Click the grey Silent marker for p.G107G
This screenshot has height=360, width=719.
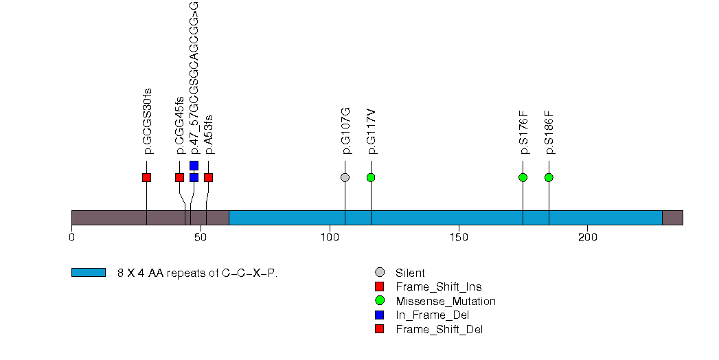click(345, 177)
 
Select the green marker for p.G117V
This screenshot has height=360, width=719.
click(371, 177)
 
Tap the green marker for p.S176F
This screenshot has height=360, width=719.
click(523, 177)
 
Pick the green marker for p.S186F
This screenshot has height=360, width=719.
click(549, 177)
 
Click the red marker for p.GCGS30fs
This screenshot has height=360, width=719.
click(146, 177)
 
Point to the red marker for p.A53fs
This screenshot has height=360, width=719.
click(208, 177)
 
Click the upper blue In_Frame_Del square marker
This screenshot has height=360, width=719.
click(194, 165)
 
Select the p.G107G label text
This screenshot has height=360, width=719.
click(345, 131)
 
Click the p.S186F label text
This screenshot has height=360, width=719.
click(549, 132)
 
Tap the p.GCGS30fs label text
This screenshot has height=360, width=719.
click(147, 121)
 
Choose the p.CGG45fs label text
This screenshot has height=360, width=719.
click(180, 124)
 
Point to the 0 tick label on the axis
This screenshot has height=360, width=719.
click(71, 238)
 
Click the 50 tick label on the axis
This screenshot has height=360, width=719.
click(201, 238)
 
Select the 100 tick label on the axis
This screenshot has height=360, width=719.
click(330, 238)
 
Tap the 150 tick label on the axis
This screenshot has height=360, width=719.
click(459, 238)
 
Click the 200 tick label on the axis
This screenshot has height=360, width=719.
click(588, 238)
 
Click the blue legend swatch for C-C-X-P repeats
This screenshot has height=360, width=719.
click(88, 273)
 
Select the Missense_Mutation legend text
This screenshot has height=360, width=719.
click(445, 301)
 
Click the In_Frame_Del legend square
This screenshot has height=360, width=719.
click(379, 315)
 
